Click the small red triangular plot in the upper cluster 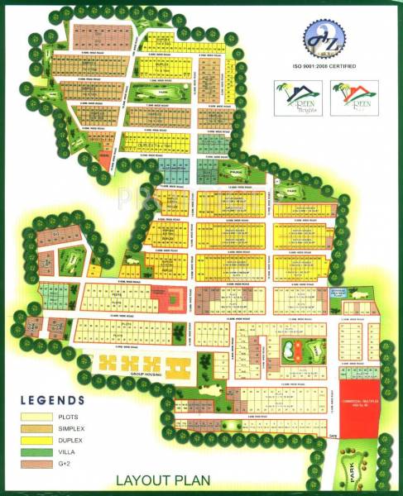pyautogui.click(x=104, y=155)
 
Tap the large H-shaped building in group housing pyautogui.click(x=173, y=364)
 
